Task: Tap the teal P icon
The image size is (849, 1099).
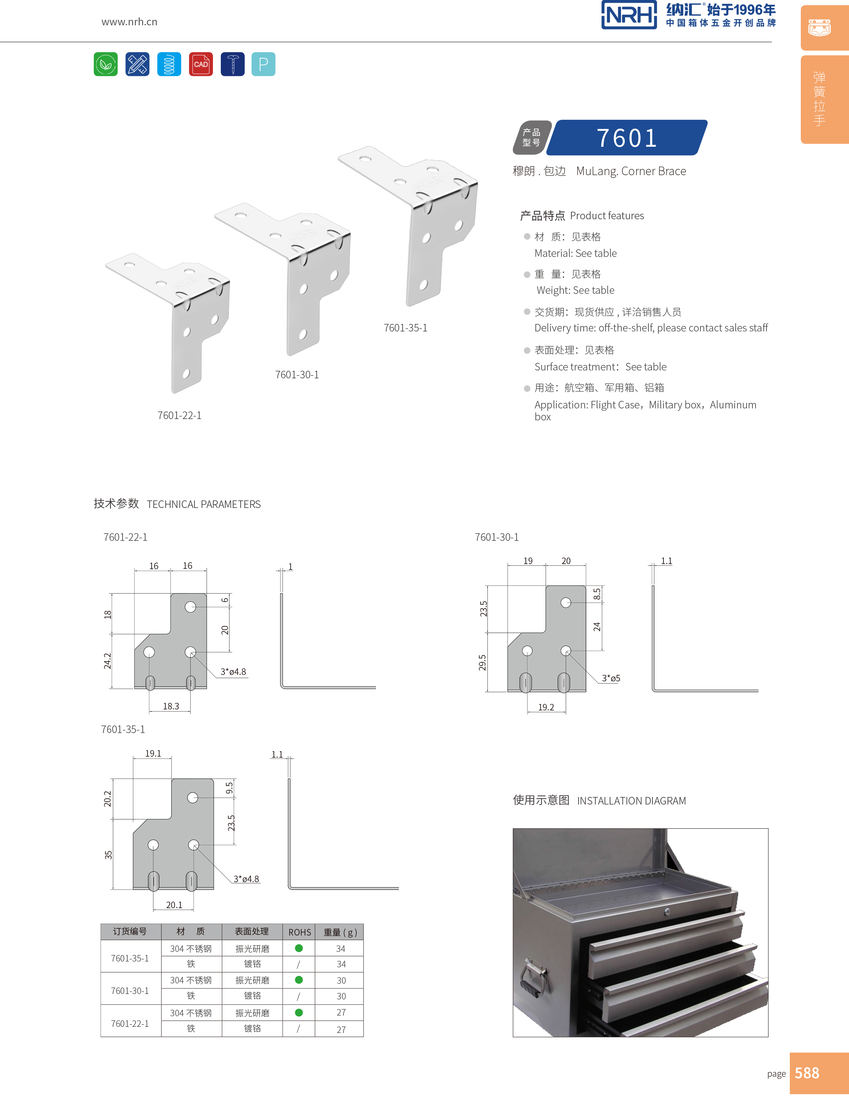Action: click(x=263, y=64)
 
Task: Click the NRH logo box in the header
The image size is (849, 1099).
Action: click(x=629, y=15)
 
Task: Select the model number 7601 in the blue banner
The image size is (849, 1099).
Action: click(x=627, y=138)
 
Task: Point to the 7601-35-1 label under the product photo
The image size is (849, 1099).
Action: click(x=405, y=328)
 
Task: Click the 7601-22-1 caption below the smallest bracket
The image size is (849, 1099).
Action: click(x=179, y=416)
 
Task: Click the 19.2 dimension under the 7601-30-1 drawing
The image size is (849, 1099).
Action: click(x=546, y=707)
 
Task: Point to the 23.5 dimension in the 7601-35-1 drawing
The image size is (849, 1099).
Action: click(x=231, y=823)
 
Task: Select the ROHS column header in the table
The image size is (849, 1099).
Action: click(x=300, y=932)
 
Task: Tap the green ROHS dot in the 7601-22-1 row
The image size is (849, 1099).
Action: click(x=299, y=1012)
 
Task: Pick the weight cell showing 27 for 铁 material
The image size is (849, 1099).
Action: click(x=341, y=1030)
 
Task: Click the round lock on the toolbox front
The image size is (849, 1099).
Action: click(x=667, y=912)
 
